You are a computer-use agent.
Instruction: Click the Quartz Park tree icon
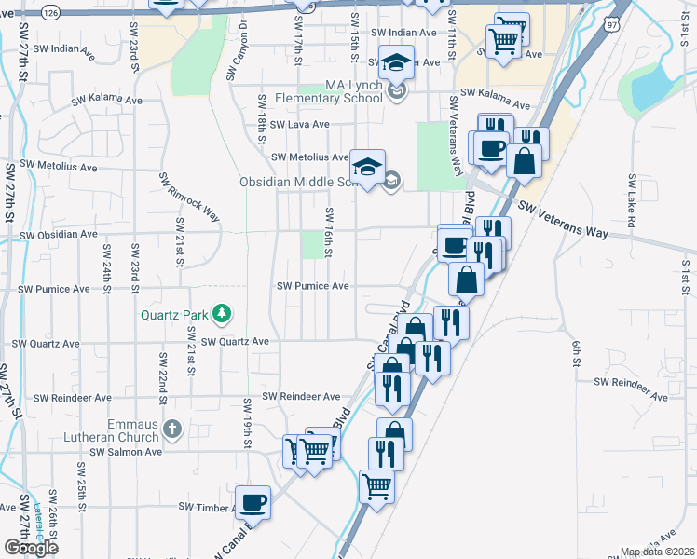222,313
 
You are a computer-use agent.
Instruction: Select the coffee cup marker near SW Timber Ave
253,503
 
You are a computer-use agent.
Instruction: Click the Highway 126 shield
51,12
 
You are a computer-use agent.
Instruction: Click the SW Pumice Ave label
312,286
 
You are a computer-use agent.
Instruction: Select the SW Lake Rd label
631,201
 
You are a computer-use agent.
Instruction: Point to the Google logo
31,547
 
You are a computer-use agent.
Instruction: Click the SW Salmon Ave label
126,452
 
